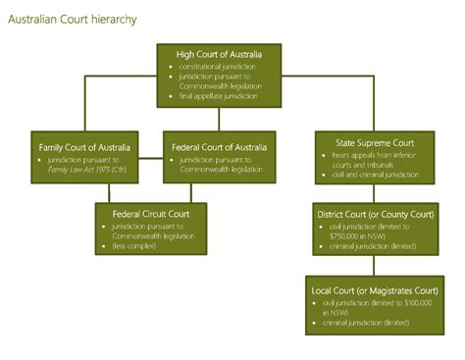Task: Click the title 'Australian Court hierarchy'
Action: point(72,19)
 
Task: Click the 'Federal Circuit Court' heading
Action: point(151,212)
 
